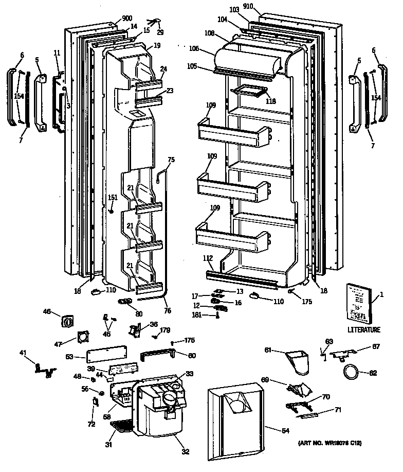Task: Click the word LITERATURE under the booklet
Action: (363, 329)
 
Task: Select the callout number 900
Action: (126, 18)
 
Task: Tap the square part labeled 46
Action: (68, 322)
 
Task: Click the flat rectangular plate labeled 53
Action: (107, 355)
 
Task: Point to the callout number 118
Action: (271, 101)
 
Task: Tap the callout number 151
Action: (113, 198)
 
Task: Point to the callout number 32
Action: (185, 452)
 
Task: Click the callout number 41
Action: (23, 353)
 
